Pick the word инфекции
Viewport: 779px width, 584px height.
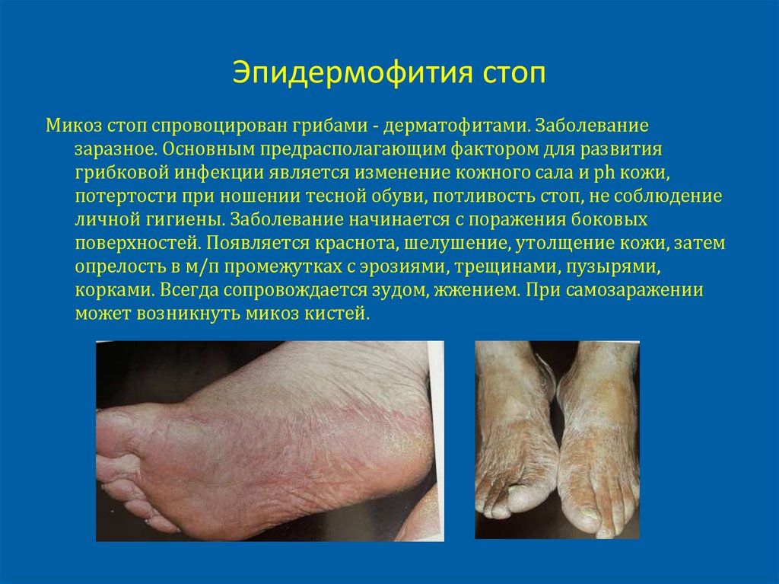coord(222,171)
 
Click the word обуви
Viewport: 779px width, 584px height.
coord(397,196)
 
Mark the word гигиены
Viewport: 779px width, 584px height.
coord(184,220)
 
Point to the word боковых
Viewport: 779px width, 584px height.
coord(609,220)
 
